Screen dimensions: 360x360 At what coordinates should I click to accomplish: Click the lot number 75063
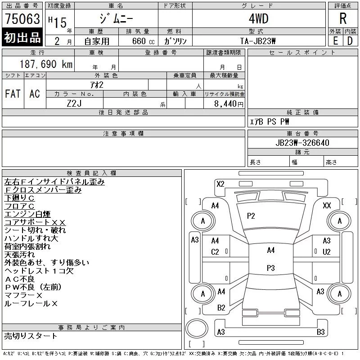[x=22, y=18]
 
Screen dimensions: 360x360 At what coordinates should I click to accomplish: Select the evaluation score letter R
[x=343, y=18]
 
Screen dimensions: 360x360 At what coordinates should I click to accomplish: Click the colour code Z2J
[x=75, y=103]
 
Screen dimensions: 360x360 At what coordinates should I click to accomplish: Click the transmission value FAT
[x=13, y=94]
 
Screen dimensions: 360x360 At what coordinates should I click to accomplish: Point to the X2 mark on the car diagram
[x=220, y=184]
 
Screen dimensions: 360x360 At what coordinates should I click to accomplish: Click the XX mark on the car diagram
[x=327, y=206]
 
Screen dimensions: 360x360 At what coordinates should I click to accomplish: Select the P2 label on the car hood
[x=251, y=216]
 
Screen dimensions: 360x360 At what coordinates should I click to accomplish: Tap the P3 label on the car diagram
[x=270, y=268]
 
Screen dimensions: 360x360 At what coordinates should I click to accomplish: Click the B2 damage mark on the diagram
[x=221, y=308]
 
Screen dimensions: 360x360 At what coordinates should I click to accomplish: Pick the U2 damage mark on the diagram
[x=327, y=252]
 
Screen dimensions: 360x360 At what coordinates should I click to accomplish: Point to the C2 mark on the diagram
[x=215, y=252]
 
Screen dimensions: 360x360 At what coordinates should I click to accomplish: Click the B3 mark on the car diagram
[x=320, y=332]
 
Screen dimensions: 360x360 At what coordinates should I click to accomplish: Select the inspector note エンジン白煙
[x=27, y=214]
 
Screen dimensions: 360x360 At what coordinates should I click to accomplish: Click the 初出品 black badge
[x=22, y=38]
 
